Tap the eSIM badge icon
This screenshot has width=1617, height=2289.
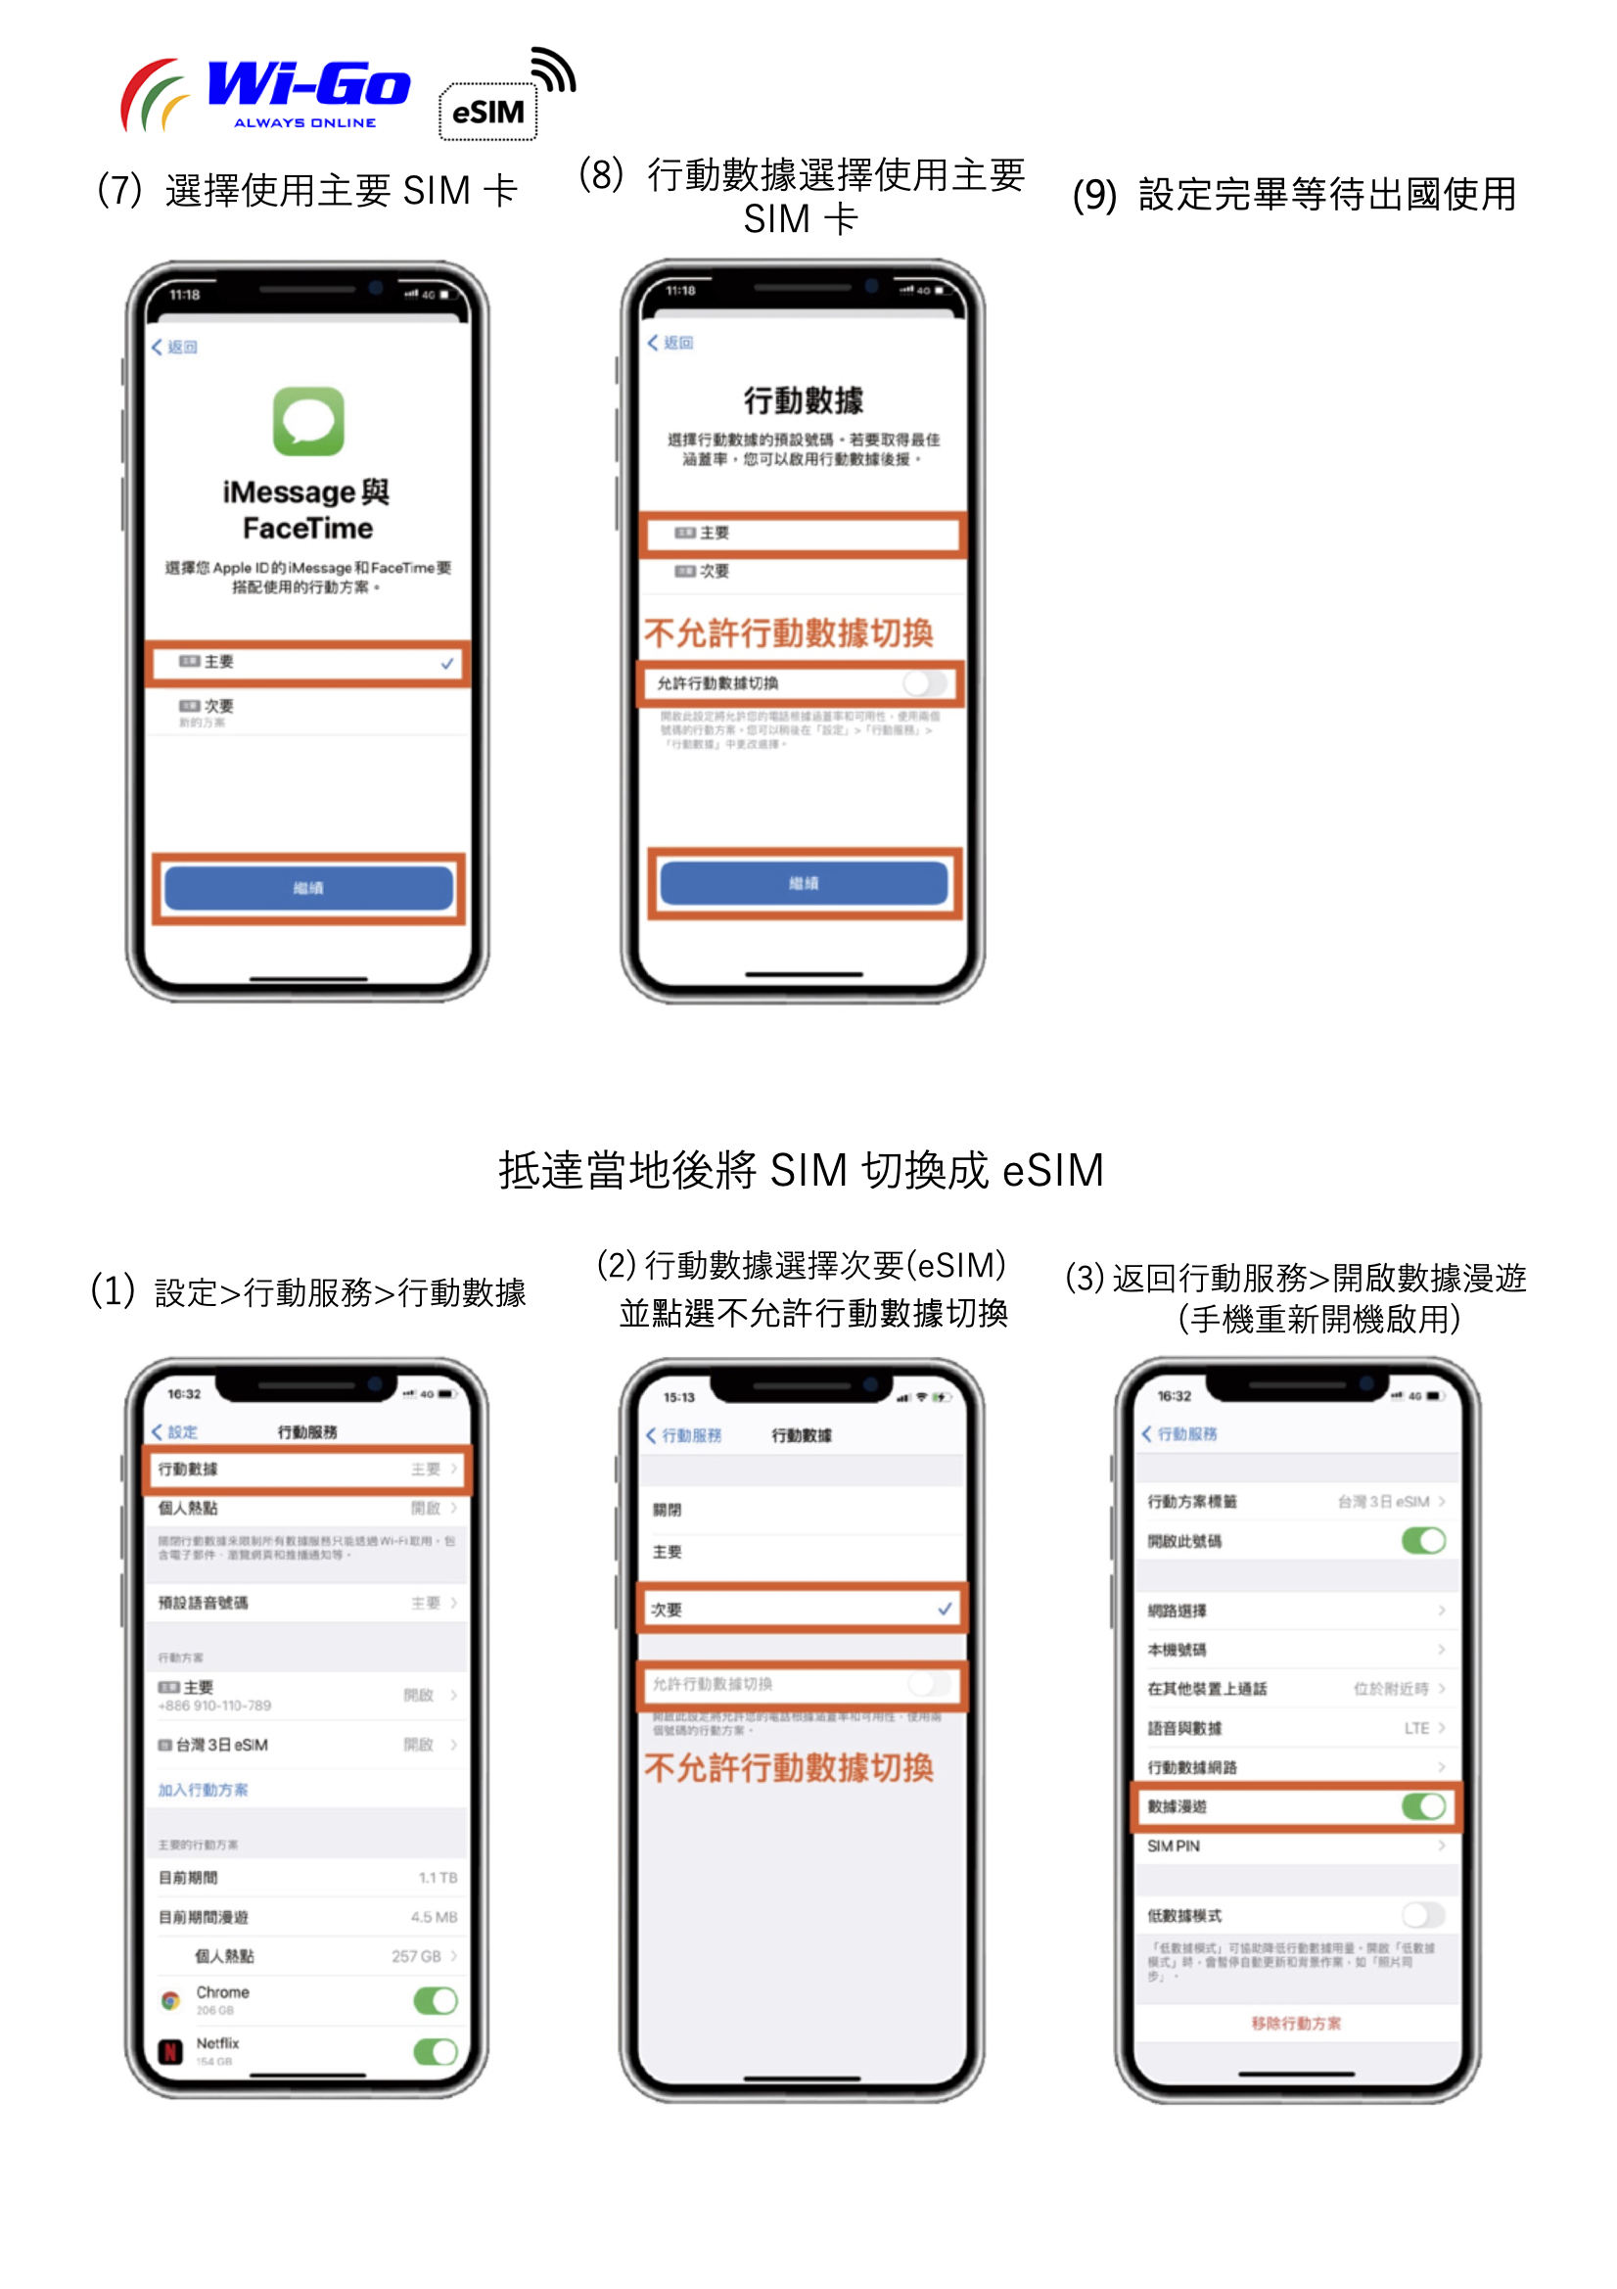tap(487, 112)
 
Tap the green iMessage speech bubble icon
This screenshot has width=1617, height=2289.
tap(308, 421)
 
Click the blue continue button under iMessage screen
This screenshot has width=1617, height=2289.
tap(308, 887)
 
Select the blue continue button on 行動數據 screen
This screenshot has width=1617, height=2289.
tap(804, 883)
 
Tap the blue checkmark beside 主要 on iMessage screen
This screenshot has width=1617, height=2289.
tap(447, 663)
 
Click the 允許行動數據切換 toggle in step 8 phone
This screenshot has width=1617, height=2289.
tap(925, 683)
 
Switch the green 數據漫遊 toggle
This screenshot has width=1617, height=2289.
tap(1422, 1805)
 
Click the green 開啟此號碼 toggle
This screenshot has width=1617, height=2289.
tap(1422, 1540)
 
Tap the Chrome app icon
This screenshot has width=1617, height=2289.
tap(170, 2000)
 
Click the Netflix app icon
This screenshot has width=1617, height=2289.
tap(170, 2051)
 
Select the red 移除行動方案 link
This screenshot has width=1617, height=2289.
tap(1296, 2023)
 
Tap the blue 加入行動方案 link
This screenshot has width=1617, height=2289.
tap(204, 1790)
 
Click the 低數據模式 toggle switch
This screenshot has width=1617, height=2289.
tap(1422, 1914)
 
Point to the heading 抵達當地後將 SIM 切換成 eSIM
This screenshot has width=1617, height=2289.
tap(802, 1169)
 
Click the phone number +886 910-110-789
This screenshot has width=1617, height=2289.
tap(214, 1705)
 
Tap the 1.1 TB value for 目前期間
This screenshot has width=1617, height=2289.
tap(438, 1877)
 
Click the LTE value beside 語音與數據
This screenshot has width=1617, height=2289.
tap(1415, 1728)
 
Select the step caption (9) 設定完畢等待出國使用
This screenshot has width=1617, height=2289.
tap(1294, 195)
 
